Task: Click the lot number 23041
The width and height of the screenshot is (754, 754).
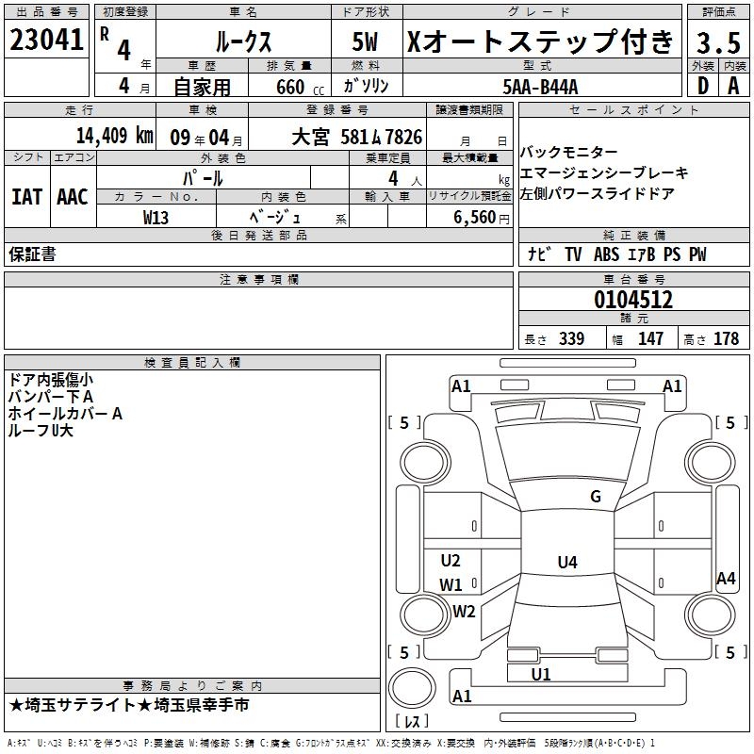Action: point(46,41)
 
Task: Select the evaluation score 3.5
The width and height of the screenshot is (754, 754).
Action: point(717,42)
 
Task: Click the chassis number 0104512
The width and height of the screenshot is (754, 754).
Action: point(633,301)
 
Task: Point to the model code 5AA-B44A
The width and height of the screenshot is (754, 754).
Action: point(541,87)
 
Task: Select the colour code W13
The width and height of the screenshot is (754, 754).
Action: point(156,218)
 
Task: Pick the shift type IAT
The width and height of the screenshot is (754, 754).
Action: point(26,197)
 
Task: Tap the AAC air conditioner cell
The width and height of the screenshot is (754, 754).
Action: point(73,197)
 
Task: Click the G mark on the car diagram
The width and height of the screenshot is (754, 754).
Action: point(595,497)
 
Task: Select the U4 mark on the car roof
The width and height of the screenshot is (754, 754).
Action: point(566,563)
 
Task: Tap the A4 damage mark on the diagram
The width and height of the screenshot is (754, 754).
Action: point(726,579)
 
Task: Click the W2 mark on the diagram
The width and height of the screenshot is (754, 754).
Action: point(464,611)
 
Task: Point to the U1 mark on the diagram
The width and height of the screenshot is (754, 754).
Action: point(540,674)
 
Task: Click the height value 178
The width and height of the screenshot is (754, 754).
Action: point(726,339)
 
